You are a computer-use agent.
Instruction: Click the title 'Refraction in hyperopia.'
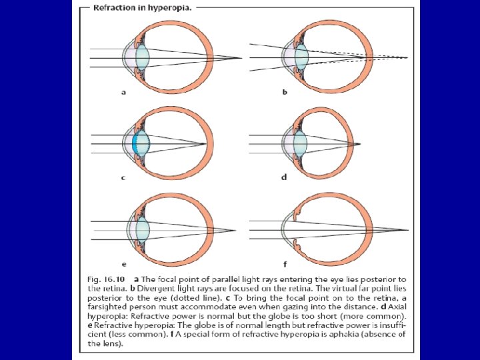133,9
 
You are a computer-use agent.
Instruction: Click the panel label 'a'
123,92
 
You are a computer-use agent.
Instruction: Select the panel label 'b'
285,92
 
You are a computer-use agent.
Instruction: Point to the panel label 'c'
123,177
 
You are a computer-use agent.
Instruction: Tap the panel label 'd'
285,177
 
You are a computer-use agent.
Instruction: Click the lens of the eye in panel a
141,58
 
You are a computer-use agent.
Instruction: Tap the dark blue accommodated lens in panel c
137,143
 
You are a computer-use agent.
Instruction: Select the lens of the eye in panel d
300,143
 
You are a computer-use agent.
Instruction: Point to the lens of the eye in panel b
301,57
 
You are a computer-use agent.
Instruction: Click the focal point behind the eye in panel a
239,58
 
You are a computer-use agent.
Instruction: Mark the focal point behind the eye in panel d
360,143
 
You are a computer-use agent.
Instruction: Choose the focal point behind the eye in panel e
235,231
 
